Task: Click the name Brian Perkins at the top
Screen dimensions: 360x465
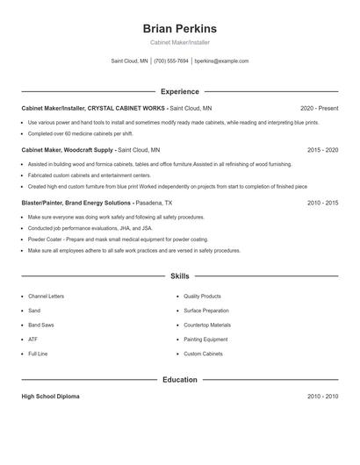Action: (180, 28)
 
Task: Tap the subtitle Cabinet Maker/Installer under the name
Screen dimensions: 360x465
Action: (180, 42)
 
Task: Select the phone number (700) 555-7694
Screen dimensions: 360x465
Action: (172, 61)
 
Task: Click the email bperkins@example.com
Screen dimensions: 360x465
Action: (221, 61)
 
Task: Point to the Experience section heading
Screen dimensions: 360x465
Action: (180, 91)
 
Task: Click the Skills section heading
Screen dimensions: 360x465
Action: (180, 275)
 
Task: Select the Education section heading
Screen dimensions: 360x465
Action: (180, 380)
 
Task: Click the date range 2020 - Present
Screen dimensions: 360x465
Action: (318, 108)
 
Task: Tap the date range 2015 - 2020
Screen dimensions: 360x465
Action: (322, 150)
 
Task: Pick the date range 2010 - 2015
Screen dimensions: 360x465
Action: (322, 203)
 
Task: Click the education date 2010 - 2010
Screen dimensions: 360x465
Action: (322, 397)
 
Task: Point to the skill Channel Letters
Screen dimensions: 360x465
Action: (46, 297)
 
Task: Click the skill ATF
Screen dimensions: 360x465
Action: (32, 339)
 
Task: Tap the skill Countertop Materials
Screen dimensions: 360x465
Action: (207, 325)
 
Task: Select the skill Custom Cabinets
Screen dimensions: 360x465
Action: (203, 354)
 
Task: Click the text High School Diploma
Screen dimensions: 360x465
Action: (50, 397)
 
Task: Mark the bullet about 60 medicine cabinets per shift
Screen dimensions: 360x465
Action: (81, 133)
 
